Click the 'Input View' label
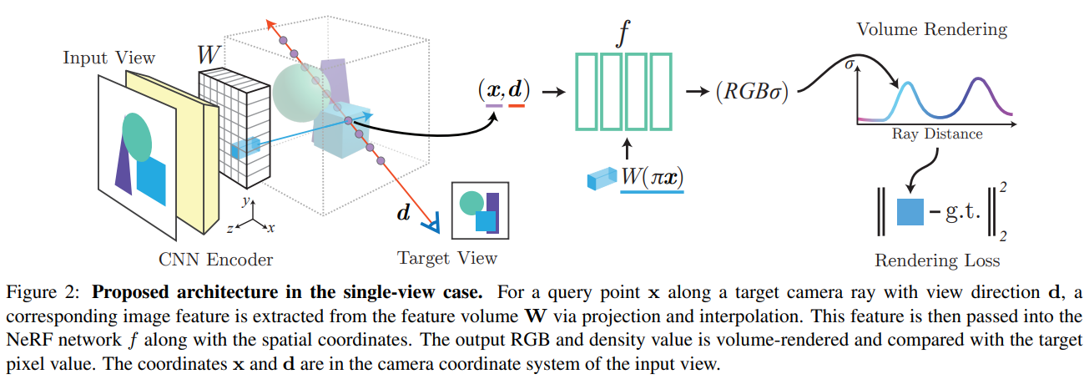109,58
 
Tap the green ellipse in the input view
137,137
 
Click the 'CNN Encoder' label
216,259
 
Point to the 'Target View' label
447,257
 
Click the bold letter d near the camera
404,214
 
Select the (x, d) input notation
503,89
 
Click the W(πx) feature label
652,179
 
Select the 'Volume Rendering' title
932,30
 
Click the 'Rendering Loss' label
936,260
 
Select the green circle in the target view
471,203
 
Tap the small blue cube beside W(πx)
600,179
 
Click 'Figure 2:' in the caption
44,294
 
